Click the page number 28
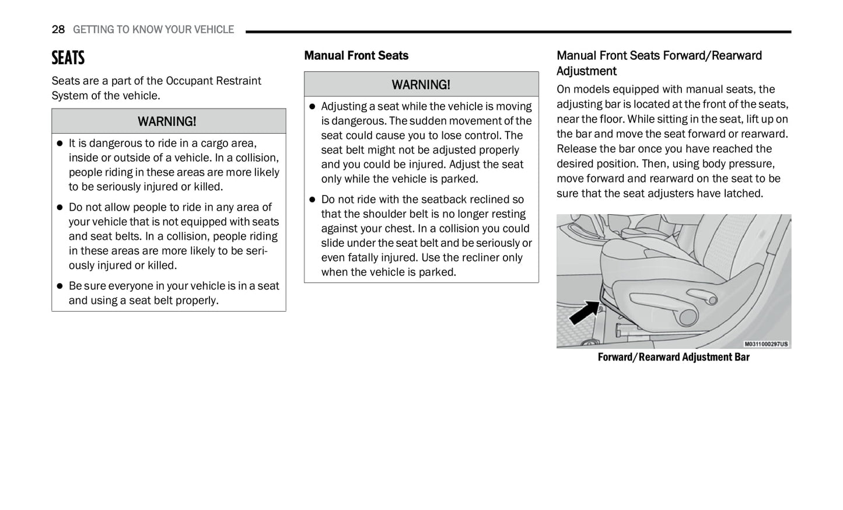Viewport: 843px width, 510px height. tap(58, 29)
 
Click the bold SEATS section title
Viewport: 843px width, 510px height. tap(68, 58)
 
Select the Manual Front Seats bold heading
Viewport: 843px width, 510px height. tap(356, 55)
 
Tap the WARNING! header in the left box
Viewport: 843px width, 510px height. tap(167, 121)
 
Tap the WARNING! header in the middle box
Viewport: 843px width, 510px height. tap(421, 85)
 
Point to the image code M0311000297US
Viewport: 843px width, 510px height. tap(765, 344)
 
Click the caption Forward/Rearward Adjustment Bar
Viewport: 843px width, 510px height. tap(673, 357)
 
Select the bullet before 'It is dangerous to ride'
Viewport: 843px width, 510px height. tap(60, 144)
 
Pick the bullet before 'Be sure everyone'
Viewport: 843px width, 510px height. tap(60, 287)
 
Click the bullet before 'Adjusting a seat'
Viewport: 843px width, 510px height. tap(312, 107)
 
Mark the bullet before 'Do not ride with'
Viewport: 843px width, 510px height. tap(312, 200)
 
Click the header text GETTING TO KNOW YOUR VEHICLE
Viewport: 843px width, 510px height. tap(153, 29)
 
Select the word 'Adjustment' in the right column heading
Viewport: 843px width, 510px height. tap(586, 71)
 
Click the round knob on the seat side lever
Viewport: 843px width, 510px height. tap(688, 317)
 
